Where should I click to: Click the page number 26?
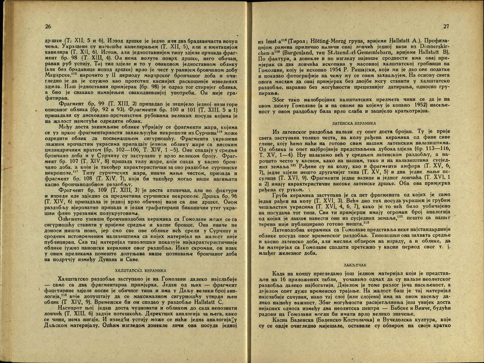pos(48,27)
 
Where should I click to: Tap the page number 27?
pos(446,26)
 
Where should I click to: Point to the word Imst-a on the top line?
pos(270,40)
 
